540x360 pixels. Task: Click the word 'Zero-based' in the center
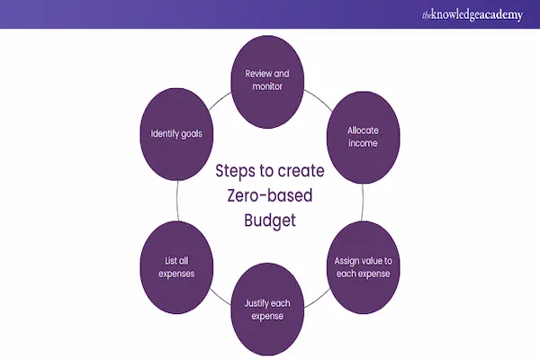269,194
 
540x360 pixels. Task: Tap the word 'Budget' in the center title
269,220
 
